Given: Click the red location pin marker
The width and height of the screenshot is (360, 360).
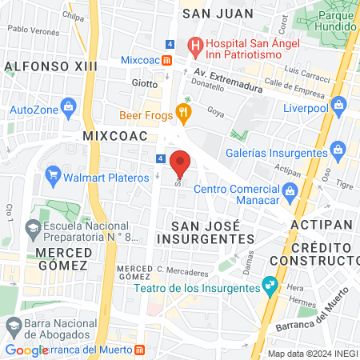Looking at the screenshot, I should (181, 163).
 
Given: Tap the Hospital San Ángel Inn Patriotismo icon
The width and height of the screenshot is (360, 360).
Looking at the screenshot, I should (194, 46).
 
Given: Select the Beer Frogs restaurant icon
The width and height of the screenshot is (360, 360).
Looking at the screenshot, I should (183, 114).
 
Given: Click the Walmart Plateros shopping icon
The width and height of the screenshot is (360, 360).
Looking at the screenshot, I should (54, 174).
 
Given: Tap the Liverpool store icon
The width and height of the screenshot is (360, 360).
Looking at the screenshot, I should (338, 104).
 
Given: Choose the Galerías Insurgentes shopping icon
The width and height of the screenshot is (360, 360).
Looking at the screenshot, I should (339, 149).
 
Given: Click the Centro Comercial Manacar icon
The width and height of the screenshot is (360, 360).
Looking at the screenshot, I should (290, 190).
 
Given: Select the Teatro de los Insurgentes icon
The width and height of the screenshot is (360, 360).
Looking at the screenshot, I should (270, 284).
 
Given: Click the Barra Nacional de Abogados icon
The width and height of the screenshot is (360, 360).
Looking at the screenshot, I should (13, 326).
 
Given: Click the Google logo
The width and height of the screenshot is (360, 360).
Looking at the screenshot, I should (26, 350).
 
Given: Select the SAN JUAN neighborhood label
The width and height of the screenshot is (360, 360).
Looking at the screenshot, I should (218, 14).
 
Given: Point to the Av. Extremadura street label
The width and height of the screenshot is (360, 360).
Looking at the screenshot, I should (237, 74).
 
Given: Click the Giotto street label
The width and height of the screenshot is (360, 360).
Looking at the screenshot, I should (145, 82).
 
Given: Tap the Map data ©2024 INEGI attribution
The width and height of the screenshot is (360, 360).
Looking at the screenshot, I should (312, 353).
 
